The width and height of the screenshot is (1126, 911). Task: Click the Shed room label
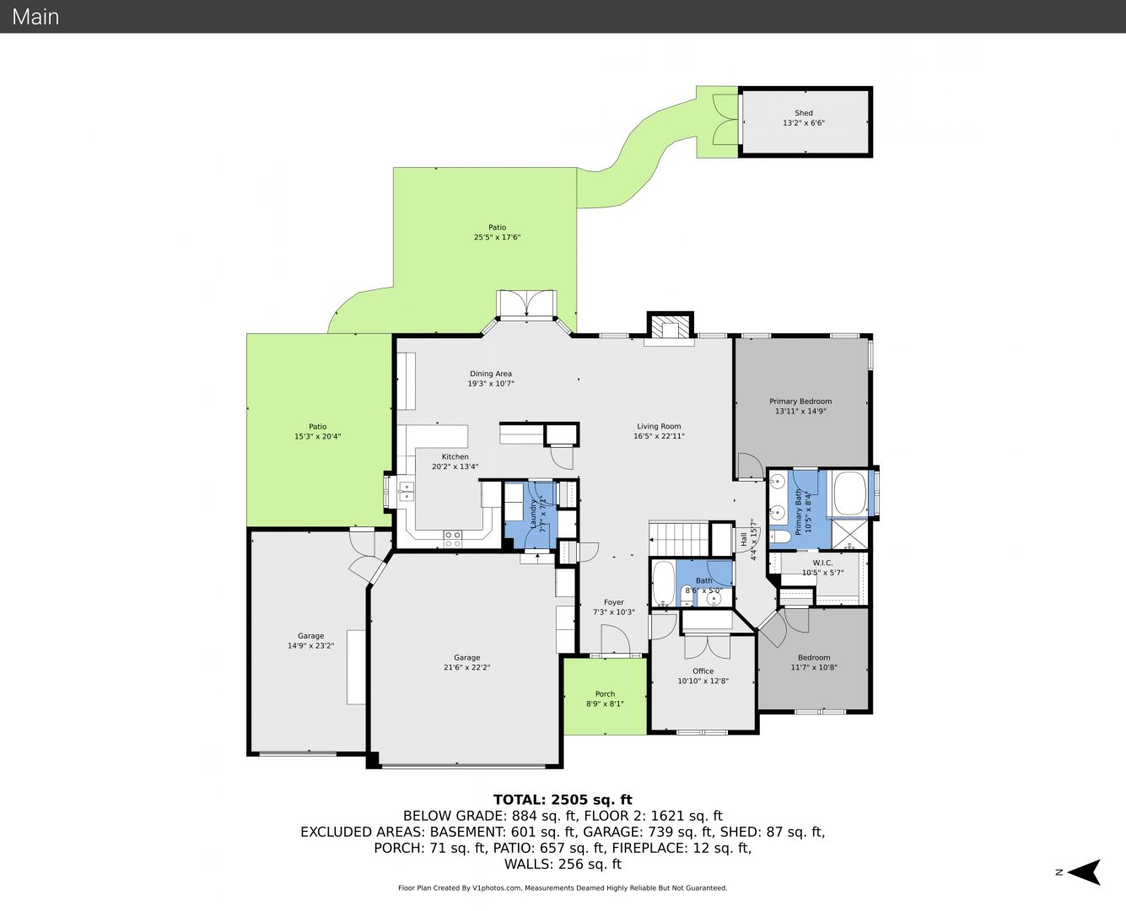(804, 113)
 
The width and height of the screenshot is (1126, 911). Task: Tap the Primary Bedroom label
(800, 402)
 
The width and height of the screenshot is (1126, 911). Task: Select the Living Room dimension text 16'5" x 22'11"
(659, 436)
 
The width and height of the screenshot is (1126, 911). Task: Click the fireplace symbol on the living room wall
(670, 326)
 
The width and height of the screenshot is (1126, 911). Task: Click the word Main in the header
(35, 17)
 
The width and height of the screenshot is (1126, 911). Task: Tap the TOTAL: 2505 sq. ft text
(563, 800)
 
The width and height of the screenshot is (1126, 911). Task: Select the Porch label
(605, 693)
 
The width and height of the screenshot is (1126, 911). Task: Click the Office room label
(703, 671)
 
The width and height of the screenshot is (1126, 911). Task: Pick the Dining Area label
(491, 374)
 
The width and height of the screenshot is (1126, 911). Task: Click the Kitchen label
(455, 457)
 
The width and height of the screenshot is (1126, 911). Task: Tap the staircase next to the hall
(678, 538)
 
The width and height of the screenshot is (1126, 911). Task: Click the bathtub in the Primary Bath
(849, 493)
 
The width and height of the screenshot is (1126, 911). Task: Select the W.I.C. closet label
(822, 563)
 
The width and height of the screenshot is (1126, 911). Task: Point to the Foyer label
(614, 602)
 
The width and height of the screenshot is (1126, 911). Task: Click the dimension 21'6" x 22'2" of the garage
(466, 667)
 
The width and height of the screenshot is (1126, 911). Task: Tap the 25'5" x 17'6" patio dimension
(497, 237)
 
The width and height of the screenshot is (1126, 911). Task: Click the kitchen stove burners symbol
(453, 539)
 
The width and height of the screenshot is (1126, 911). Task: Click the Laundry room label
(533, 514)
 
